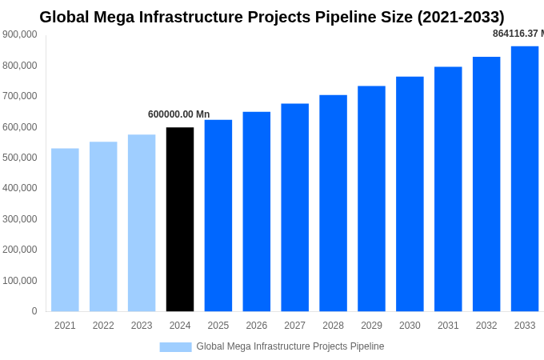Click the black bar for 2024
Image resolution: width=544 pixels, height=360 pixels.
[x=180, y=219]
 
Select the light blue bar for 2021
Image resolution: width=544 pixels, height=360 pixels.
[x=65, y=230]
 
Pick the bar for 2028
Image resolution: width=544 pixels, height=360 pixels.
[x=333, y=203]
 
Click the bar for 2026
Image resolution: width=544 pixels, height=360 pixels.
[x=257, y=211]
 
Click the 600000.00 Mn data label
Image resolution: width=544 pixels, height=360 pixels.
[x=178, y=114]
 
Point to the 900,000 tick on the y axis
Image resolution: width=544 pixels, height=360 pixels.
[x=20, y=34]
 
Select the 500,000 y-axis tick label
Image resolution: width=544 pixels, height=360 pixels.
[x=20, y=158]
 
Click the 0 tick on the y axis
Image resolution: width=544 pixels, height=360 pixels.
[x=34, y=311]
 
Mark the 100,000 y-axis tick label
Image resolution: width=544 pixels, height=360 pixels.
[x=20, y=281]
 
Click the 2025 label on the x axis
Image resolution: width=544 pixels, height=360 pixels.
[x=218, y=326]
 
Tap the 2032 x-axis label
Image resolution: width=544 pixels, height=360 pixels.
[x=486, y=326]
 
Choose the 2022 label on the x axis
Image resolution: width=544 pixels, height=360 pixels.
[x=103, y=326]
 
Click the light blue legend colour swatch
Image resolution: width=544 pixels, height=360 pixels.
[x=175, y=346]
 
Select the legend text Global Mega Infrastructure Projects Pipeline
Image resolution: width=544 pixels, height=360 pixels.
[x=290, y=346]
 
